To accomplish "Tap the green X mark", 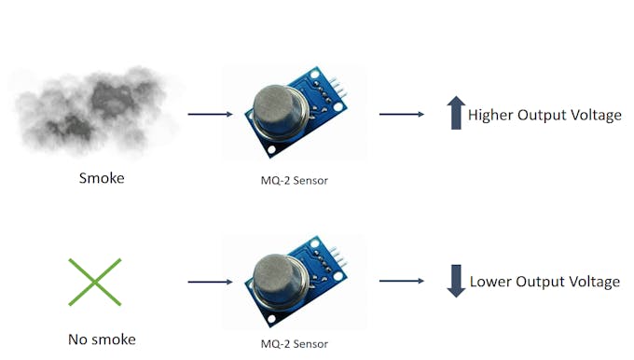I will pos(94,281).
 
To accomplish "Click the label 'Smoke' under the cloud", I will pos(101,178).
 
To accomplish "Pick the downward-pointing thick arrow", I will pos(455,281).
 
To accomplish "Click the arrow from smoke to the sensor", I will pos(210,115).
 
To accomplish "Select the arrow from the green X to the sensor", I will pos(210,281).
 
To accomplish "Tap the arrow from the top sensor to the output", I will pos(401,115).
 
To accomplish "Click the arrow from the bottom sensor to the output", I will pos(401,281).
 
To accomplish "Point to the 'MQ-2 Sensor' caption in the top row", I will pos(295,180).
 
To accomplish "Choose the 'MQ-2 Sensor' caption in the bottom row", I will pos(295,344).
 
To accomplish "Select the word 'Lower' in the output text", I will pos(490,282).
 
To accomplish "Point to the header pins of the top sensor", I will pos(340,89).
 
